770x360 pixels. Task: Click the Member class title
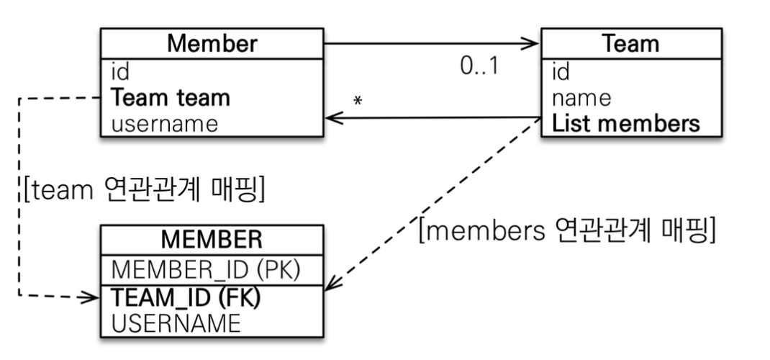pyautogui.click(x=212, y=43)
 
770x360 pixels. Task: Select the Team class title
pyautogui.click(x=630, y=43)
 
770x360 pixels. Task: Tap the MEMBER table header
pyautogui.click(x=212, y=240)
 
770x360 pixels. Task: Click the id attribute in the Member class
pyautogui.click(x=120, y=72)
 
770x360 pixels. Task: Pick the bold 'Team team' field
pyautogui.click(x=171, y=98)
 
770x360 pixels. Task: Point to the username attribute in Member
pyautogui.click(x=165, y=124)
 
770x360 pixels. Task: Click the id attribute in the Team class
pyautogui.click(x=561, y=72)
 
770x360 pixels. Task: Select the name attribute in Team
pyautogui.click(x=581, y=98)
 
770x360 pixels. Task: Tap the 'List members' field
pyautogui.click(x=625, y=124)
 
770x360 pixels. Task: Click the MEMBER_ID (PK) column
pyautogui.click(x=206, y=269)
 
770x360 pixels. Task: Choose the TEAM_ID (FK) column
pyautogui.click(x=186, y=297)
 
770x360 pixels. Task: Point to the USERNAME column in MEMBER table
pyautogui.click(x=176, y=324)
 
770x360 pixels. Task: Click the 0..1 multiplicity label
pyautogui.click(x=479, y=66)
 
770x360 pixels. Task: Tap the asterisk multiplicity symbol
pyautogui.click(x=358, y=101)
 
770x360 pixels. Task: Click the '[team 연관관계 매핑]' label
pyautogui.click(x=143, y=189)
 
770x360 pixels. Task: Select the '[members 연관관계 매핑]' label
pyautogui.click(x=566, y=230)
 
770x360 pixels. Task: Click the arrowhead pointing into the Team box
pyautogui.click(x=530, y=43)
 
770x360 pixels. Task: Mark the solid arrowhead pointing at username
pyautogui.click(x=334, y=118)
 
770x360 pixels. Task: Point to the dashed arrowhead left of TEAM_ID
pyautogui.click(x=91, y=297)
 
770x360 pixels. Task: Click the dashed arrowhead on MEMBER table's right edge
pyautogui.click(x=332, y=284)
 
